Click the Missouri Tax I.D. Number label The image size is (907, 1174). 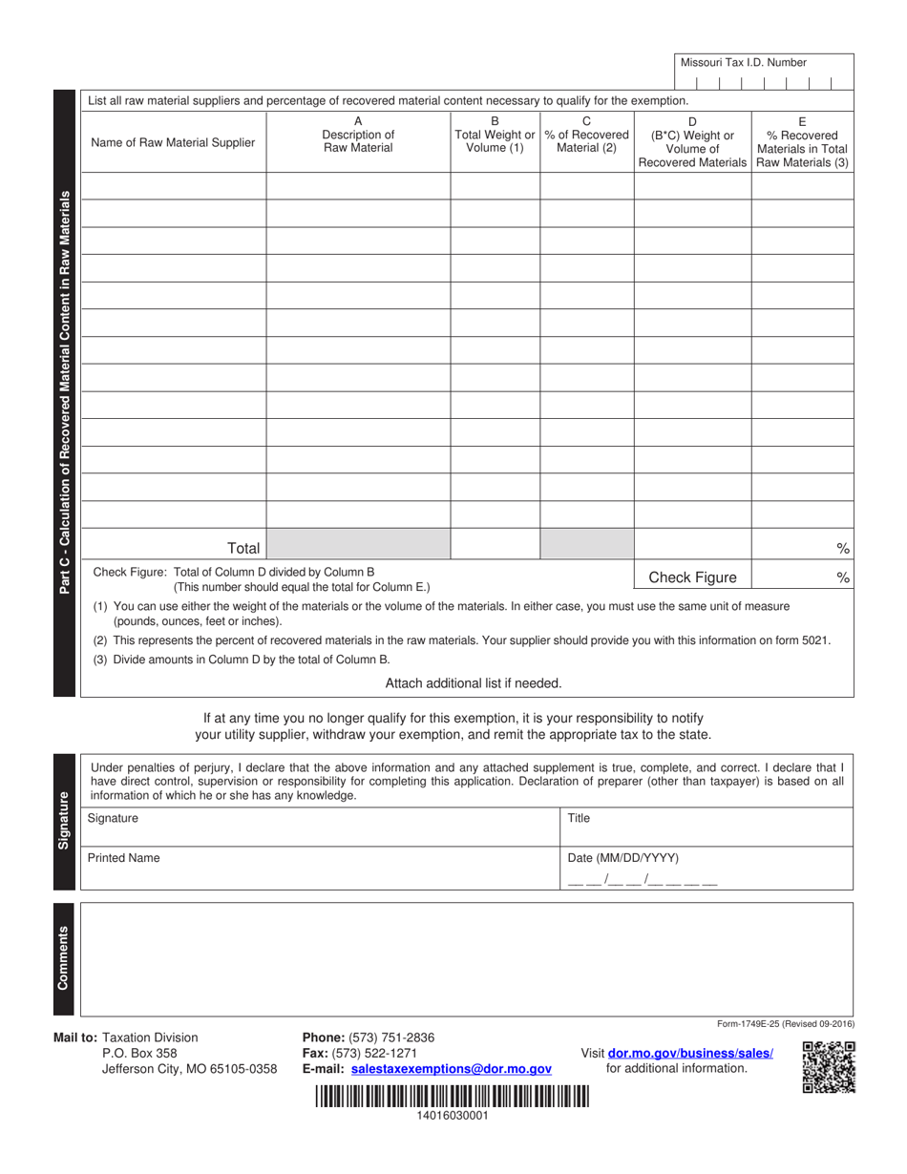pyautogui.click(x=743, y=62)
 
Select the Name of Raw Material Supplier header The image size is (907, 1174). pyautogui.click(x=173, y=143)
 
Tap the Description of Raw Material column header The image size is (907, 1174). pyautogui.click(x=358, y=136)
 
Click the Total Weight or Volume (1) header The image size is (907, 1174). pyautogui.click(x=495, y=136)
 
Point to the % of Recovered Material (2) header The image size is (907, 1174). pyautogui.click(x=586, y=136)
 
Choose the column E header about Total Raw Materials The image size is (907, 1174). pyautogui.click(x=801, y=142)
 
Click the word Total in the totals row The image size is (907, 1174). pyautogui.click(x=243, y=548)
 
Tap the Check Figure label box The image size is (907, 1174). pyautogui.click(x=692, y=577)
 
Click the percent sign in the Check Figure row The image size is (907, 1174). pyautogui.click(x=842, y=577)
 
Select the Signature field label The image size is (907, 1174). pyautogui.click(x=113, y=818)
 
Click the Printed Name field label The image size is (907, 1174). pyautogui.click(x=123, y=858)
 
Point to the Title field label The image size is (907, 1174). pyautogui.click(x=580, y=818)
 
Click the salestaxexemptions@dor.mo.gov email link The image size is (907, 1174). pyautogui.click(x=451, y=1070)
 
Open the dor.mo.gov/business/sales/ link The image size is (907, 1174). pyautogui.click(x=690, y=1054)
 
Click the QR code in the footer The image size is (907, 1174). pyautogui.click(x=829, y=1067)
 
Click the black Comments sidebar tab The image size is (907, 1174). pyautogui.click(x=64, y=958)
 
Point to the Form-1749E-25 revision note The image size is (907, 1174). pyautogui.click(x=785, y=1023)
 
